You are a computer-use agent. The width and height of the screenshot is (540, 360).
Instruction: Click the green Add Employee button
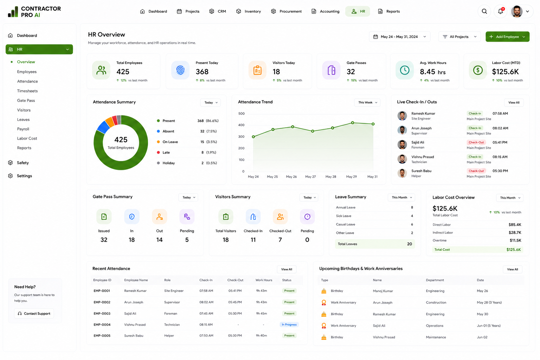coord(507,37)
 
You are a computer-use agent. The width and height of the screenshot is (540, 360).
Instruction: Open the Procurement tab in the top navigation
coord(286,11)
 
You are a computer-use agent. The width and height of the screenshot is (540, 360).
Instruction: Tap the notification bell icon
coord(500,11)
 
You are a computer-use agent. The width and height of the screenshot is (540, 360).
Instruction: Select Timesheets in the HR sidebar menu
coord(27,91)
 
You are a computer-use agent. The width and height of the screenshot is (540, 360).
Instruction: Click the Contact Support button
coord(34,314)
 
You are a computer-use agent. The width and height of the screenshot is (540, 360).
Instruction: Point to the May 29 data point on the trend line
coord(353,123)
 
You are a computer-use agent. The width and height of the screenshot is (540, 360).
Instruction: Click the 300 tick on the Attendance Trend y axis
coord(241,136)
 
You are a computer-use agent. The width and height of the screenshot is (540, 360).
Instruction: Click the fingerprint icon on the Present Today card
coord(180,70)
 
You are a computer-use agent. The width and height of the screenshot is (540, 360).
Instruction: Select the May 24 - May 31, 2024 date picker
coord(399,37)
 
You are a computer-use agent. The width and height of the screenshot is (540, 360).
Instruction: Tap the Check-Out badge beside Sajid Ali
coord(476,142)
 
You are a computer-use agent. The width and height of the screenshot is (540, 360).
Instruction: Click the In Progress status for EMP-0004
coord(289,324)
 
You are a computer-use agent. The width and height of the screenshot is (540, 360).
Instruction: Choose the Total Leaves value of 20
coord(409,244)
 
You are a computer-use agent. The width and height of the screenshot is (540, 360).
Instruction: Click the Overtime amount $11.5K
coord(515,240)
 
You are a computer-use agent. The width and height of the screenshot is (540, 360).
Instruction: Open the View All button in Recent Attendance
coord(287,269)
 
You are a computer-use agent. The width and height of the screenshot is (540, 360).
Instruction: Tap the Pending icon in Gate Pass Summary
coord(187,217)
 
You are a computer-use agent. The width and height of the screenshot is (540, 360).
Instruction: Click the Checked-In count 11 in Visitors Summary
coord(253,240)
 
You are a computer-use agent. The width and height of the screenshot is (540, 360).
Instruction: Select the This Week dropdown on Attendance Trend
coord(367,102)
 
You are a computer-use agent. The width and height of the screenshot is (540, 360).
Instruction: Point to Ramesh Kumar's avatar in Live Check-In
coord(402,116)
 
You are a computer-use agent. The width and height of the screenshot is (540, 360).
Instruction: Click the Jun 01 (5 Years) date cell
coord(488,326)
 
